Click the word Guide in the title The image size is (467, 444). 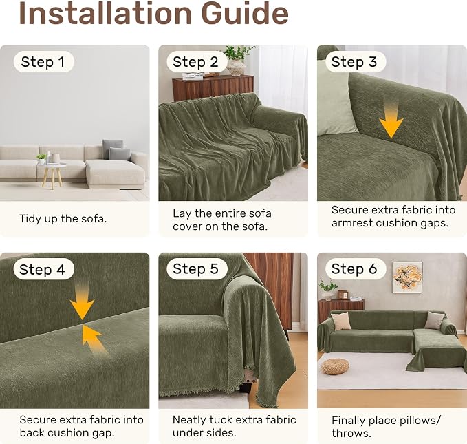(245, 13)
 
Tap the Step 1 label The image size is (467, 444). (43, 62)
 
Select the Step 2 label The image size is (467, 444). (196, 62)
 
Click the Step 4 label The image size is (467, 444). (43, 269)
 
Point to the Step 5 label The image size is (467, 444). (196, 268)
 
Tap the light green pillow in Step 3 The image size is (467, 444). (335, 98)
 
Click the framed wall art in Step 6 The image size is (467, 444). (408, 277)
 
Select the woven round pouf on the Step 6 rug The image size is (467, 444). (335, 366)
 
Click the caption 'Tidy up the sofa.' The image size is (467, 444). (63, 219)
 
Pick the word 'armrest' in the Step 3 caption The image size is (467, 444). (354, 223)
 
